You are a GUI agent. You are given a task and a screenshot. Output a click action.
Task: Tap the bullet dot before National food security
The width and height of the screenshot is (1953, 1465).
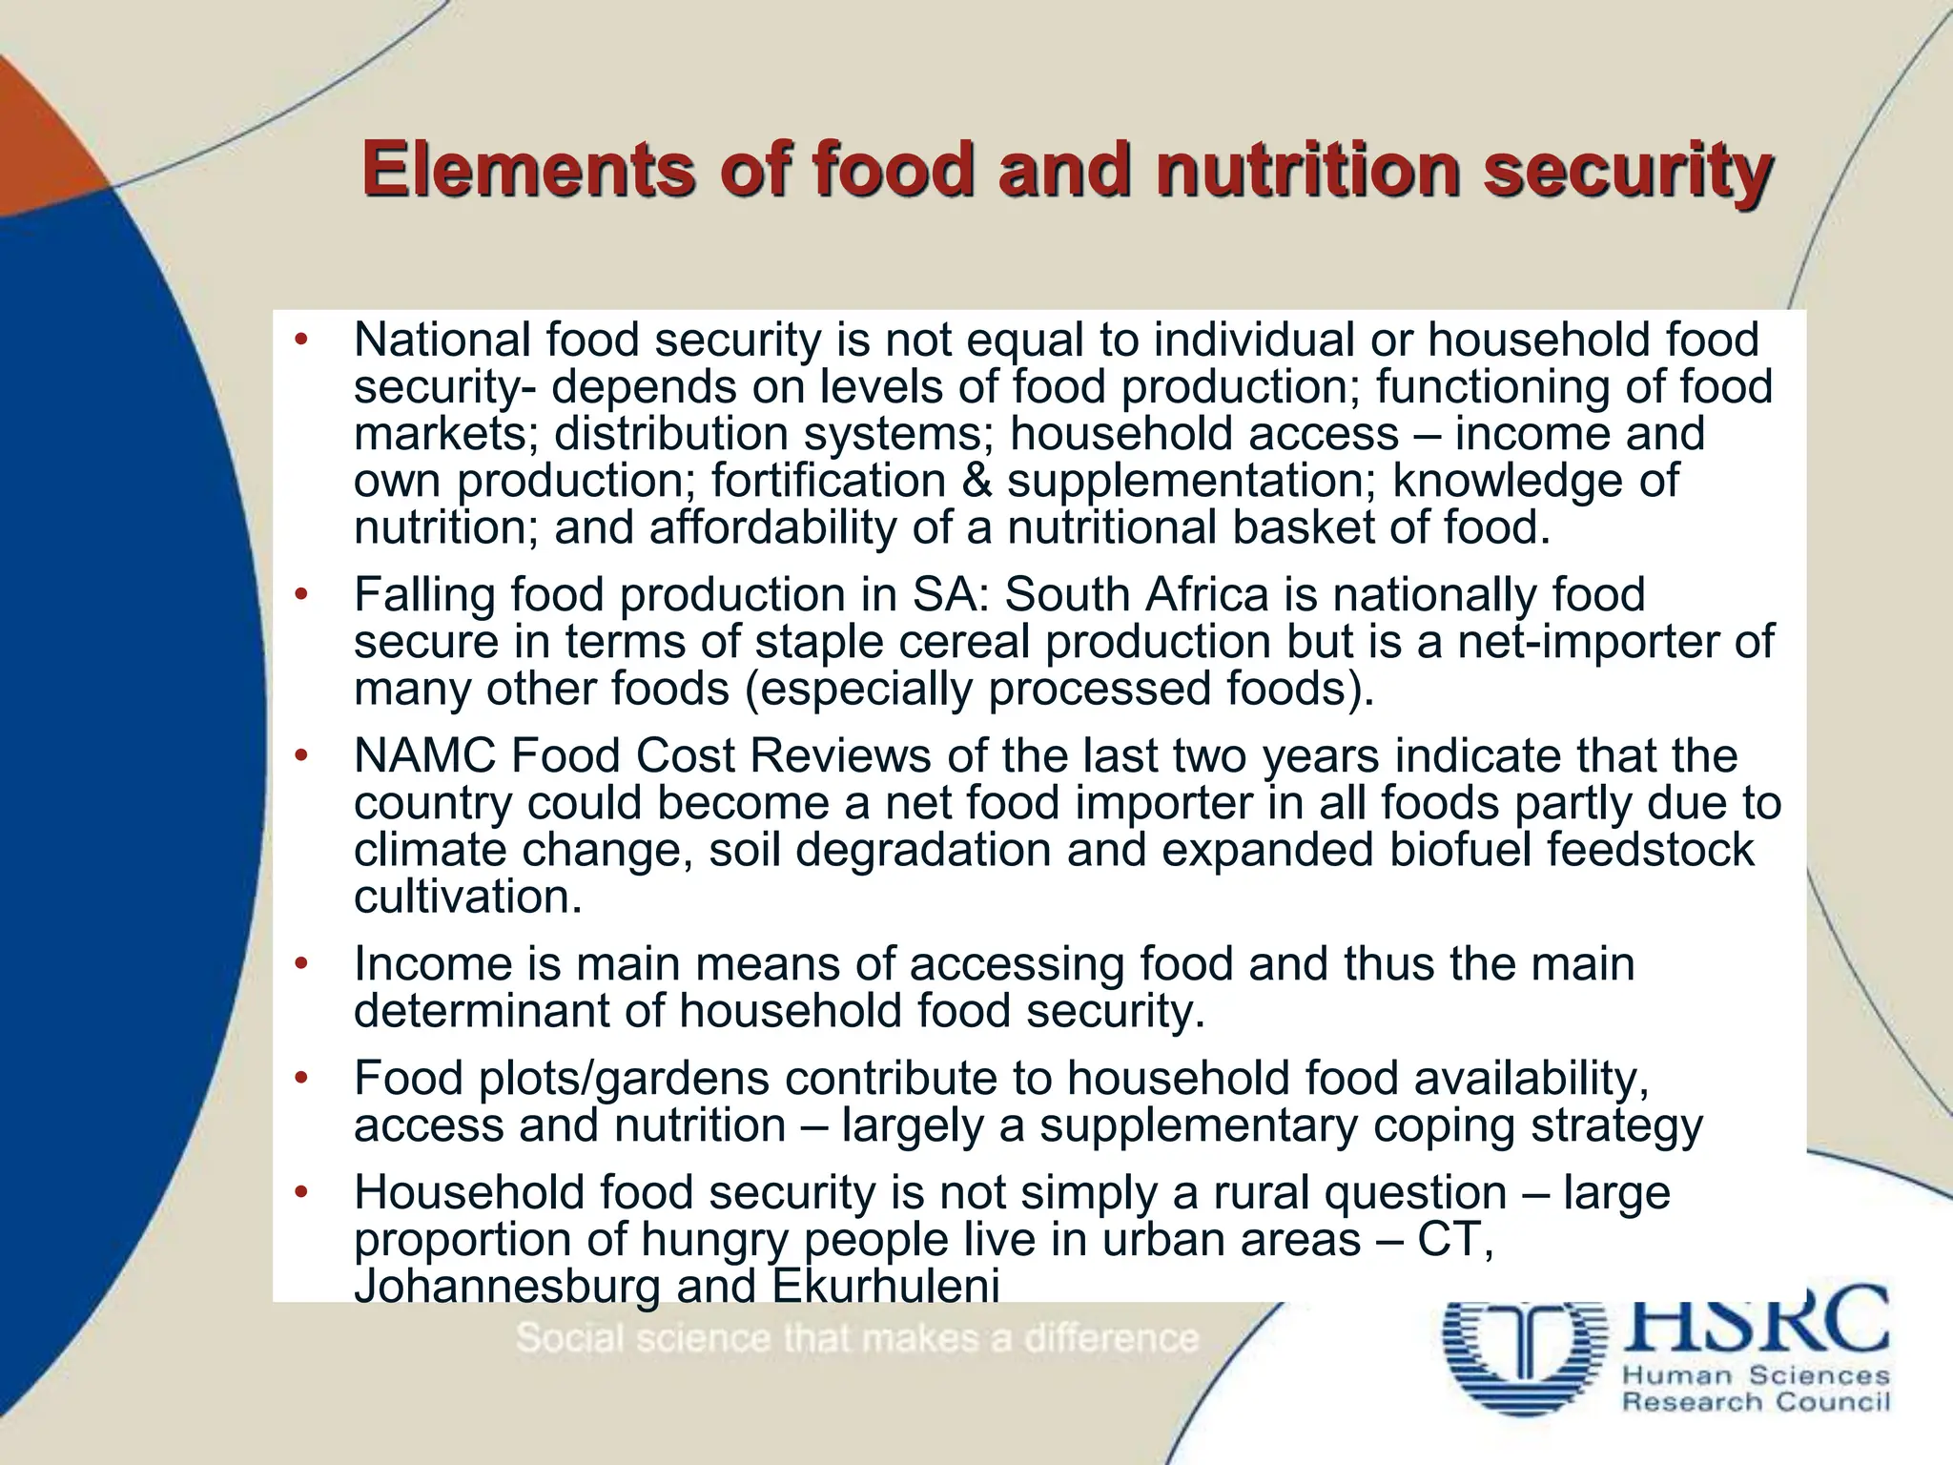tap(301, 340)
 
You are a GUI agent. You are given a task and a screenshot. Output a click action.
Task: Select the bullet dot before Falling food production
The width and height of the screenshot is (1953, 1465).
tap(301, 595)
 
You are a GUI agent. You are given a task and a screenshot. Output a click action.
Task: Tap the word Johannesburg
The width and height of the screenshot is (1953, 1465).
tap(506, 1286)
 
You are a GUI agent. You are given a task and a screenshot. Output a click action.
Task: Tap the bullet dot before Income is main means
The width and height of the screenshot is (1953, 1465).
tap(301, 964)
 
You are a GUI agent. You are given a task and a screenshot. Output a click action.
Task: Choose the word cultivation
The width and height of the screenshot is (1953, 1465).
tap(467, 897)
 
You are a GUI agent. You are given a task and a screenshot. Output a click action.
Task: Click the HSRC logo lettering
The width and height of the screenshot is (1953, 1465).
tap(1755, 1321)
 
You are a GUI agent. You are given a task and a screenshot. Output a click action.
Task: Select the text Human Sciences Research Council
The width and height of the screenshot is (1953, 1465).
tap(1755, 1389)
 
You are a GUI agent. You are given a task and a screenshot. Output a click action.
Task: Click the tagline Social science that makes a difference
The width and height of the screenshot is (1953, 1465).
tap(856, 1338)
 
